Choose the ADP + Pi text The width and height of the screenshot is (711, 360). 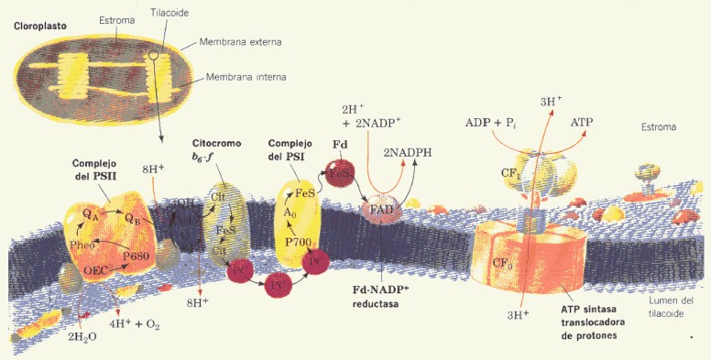[490, 122]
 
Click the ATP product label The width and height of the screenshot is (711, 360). [582, 122]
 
